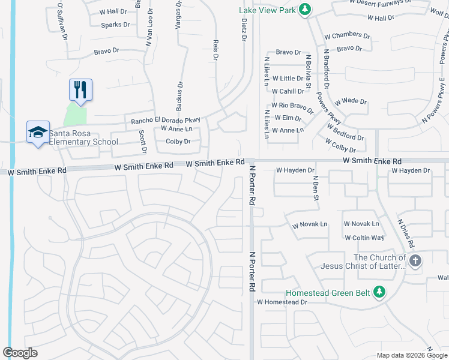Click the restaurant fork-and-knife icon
pos(80,90)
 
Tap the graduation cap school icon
pos(37,132)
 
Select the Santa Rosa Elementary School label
pos(83,137)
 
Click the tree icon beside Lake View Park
pos(306,9)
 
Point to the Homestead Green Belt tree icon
pos(379,292)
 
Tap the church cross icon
pos(415,260)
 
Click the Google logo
pos(20,352)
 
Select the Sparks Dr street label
pos(115,25)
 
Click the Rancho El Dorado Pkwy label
pos(164,120)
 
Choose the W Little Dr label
pos(288,79)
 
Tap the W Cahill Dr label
pos(288,91)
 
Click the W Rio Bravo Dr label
pos(292,106)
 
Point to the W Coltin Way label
pos(364,238)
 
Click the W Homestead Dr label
pos(282,302)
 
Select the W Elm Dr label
pos(286,118)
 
